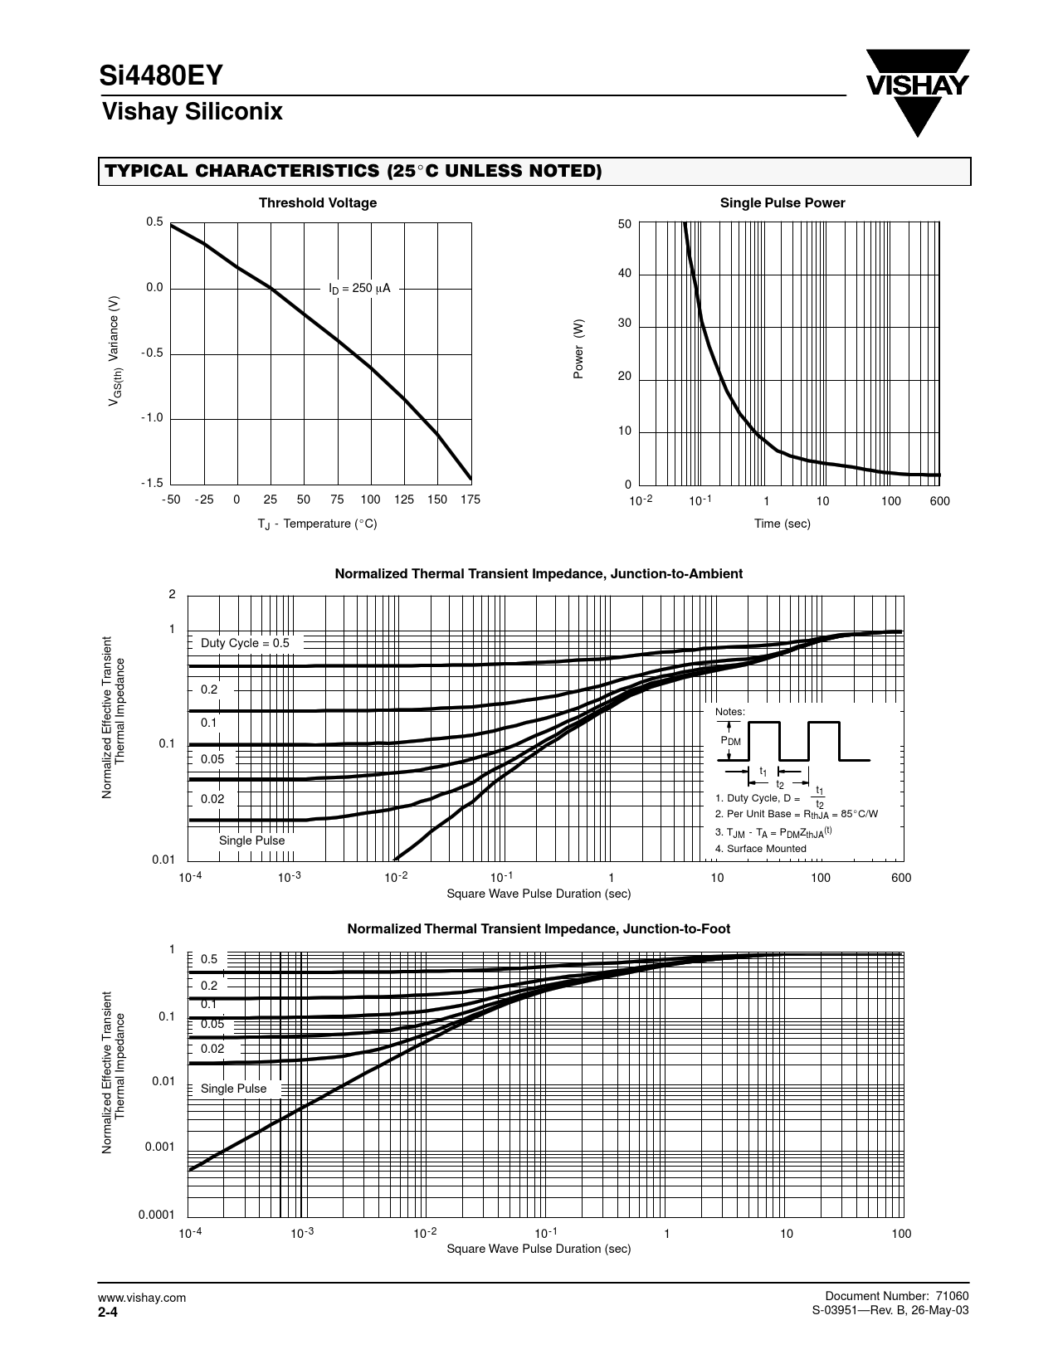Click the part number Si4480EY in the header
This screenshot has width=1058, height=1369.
click(161, 76)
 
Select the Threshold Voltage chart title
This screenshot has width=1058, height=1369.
click(317, 203)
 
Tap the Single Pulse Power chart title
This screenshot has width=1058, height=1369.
click(782, 203)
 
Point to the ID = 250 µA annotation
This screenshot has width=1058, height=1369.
click(359, 289)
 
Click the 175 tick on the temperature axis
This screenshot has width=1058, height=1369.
click(470, 499)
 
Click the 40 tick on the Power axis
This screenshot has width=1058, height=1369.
click(624, 274)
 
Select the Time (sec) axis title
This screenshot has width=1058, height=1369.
click(782, 524)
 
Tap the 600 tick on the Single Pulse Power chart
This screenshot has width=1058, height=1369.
click(939, 501)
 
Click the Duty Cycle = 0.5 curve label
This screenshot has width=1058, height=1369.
click(245, 643)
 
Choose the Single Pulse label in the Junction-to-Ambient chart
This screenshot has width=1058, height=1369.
click(251, 840)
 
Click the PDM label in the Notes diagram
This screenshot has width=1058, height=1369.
click(730, 741)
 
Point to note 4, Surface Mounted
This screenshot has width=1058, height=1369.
click(760, 849)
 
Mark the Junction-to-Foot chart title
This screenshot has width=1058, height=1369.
click(538, 929)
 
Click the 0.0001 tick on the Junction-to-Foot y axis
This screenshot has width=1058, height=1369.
click(156, 1215)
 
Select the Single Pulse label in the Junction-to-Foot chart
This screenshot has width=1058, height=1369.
click(233, 1089)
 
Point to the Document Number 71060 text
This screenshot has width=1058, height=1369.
click(897, 1297)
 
